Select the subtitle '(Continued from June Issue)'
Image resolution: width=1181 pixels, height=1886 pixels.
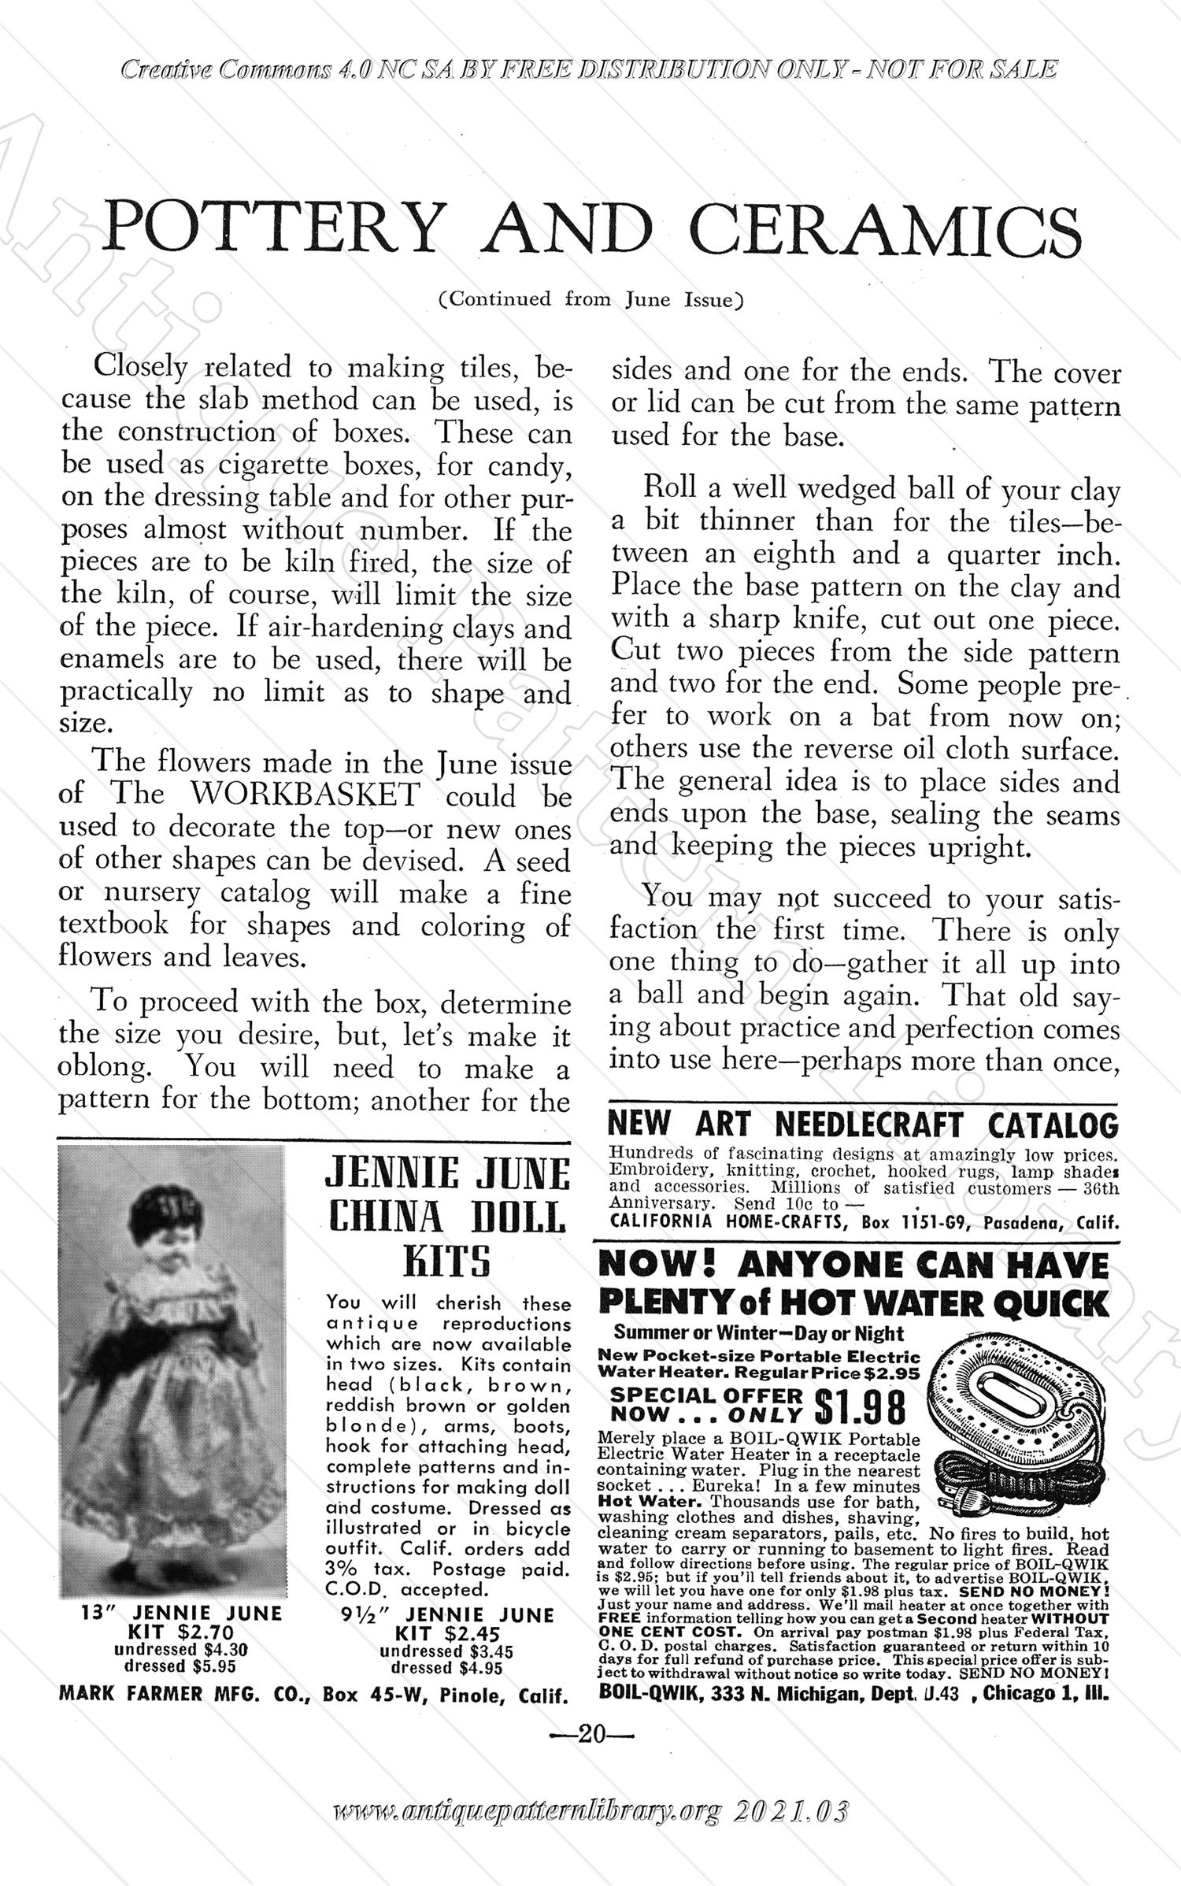[590, 300]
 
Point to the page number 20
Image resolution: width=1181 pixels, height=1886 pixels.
[590, 1733]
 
